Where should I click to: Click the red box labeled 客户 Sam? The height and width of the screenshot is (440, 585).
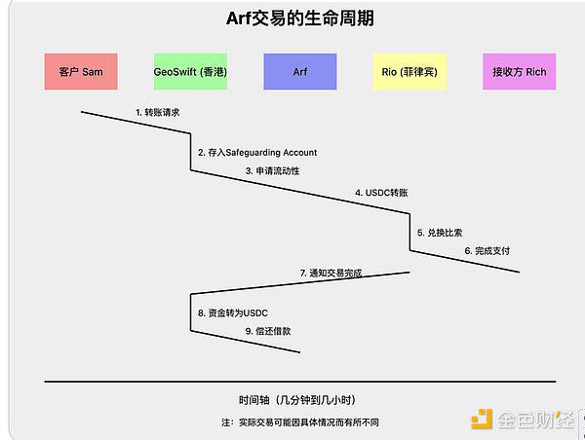click(81, 71)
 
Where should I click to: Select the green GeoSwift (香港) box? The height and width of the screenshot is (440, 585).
click(190, 71)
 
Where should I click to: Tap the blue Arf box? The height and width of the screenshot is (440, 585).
click(300, 71)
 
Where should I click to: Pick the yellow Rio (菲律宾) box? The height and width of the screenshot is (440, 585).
click(409, 71)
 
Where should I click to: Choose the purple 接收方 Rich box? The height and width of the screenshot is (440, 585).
click(520, 71)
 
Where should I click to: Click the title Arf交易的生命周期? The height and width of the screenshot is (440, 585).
click(300, 18)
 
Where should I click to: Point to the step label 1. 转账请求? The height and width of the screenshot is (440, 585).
click(157, 112)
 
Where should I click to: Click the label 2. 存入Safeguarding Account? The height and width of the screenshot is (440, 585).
click(257, 153)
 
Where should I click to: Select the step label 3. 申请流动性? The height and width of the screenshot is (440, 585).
click(272, 171)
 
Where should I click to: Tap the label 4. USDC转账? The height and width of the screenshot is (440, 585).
click(381, 193)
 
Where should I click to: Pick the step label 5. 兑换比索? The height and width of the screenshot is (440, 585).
click(440, 233)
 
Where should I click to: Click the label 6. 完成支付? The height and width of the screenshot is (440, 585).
click(487, 251)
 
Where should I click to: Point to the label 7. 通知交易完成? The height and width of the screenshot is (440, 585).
click(331, 274)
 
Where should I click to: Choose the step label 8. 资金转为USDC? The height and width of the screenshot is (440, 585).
click(233, 312)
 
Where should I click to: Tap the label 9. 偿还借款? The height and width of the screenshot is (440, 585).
click(268, 331)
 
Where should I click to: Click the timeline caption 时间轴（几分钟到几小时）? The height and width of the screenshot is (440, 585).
click(297, 400)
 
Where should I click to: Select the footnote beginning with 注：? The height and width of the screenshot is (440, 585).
click(300, 422)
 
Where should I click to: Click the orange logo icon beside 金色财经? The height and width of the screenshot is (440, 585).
click(482, 420)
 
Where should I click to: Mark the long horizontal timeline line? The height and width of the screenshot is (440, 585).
click(300, 382)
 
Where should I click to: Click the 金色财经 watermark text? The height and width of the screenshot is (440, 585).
click(535, 420)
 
